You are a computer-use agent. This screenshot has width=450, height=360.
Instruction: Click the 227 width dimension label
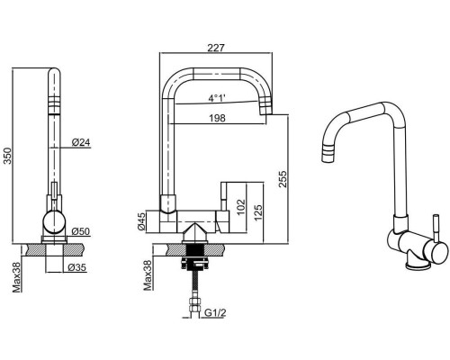pyautogui.click(x=216, y=48)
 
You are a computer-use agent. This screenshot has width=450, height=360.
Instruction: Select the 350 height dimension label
pyautogui.click(x=8, y=156)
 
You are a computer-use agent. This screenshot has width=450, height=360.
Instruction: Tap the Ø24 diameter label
pyautogui.click(x=81, y=142)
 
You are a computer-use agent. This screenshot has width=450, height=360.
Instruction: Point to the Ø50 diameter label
pyautogui.click(x=81, y=231)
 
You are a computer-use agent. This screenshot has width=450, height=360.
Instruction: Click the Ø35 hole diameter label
pyautogui.click(x=77, y=267)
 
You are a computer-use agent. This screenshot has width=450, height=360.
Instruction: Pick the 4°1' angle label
pyautogui.click(x=217, y=98)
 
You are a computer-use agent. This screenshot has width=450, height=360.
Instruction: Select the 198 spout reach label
pyautogui.click(x=217, y=118)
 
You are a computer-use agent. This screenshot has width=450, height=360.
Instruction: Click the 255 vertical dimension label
pyautogui.click(x=283, y=179)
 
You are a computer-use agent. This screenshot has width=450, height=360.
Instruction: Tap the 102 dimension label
pyautogui.click(x=241, y=207)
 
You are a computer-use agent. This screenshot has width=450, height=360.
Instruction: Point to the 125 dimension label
pyautogui.click(x=258, y=212)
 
